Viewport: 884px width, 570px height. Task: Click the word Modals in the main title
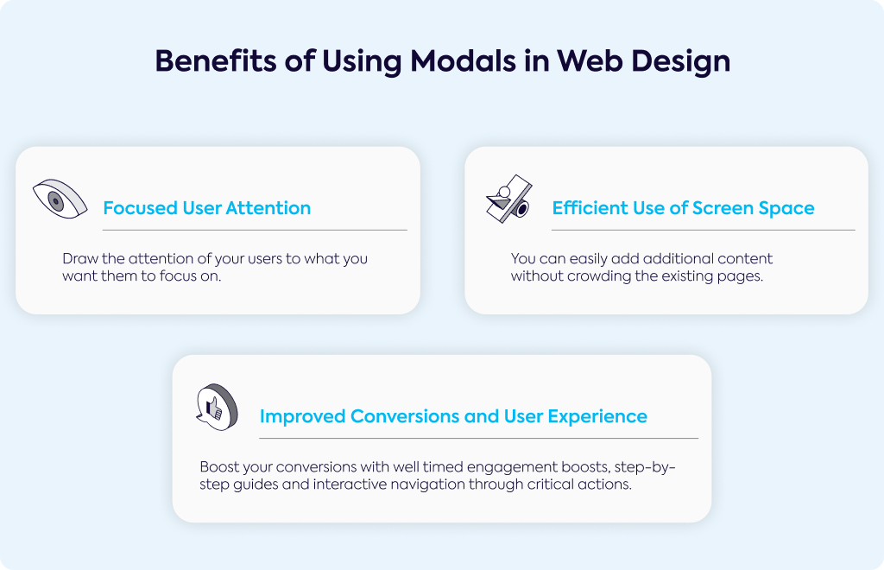point(463,61)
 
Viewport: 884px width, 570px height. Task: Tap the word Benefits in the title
point(216,61)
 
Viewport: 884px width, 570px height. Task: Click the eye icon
point(60,199)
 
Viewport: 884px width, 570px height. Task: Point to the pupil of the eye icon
point(55,201)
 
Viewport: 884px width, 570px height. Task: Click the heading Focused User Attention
point(207,208)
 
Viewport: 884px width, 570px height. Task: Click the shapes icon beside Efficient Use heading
point(509,199)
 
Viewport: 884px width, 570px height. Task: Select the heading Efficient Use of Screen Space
point(684,208)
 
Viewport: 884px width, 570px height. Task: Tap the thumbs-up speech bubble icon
point(217,407)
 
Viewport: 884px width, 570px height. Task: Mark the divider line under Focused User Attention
point(255,230)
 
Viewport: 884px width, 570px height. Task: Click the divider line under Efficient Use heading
point(704,230)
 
